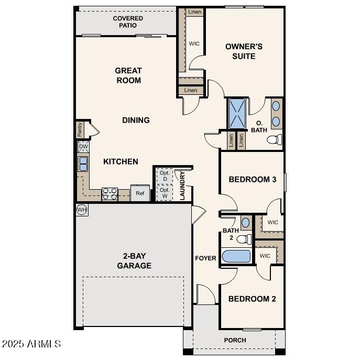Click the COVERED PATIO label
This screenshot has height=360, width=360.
pos(128,21)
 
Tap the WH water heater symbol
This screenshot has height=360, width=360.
pos(82,210)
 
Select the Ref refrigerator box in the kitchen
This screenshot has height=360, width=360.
pos(140,193)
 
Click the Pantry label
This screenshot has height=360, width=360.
pos(80,129)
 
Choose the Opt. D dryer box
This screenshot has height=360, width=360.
pos(165,176)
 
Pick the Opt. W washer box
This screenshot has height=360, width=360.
pos(165,193)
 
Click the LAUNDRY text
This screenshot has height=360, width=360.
pos(182,186)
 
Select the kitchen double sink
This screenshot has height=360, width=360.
pos(83,164)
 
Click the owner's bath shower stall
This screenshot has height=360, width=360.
pos(236,114)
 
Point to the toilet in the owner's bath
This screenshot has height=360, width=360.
pos(275,139)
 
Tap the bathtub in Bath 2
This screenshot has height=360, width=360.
pos(236,257)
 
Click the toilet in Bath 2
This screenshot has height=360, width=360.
pos(243,239)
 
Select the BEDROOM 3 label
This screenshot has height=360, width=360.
pos(252,179)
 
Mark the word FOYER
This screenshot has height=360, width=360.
pos(205,258)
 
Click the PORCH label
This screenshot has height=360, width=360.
pos(235,340)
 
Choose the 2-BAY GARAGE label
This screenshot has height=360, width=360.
pos(134,261)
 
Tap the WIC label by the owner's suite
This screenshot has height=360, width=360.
pos(193,43)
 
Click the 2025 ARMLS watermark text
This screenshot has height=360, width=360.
pos(31,344)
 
